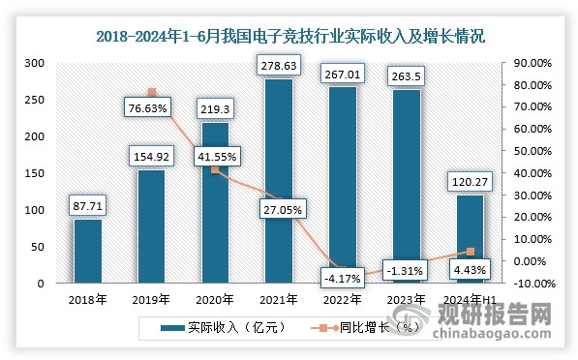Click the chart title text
point(289,38)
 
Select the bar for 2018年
point(88,251)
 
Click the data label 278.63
point(278,66)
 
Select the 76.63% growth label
point(151,108)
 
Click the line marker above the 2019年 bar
point(152,92)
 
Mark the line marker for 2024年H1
point(471,252)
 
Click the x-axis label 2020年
point(214,299)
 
